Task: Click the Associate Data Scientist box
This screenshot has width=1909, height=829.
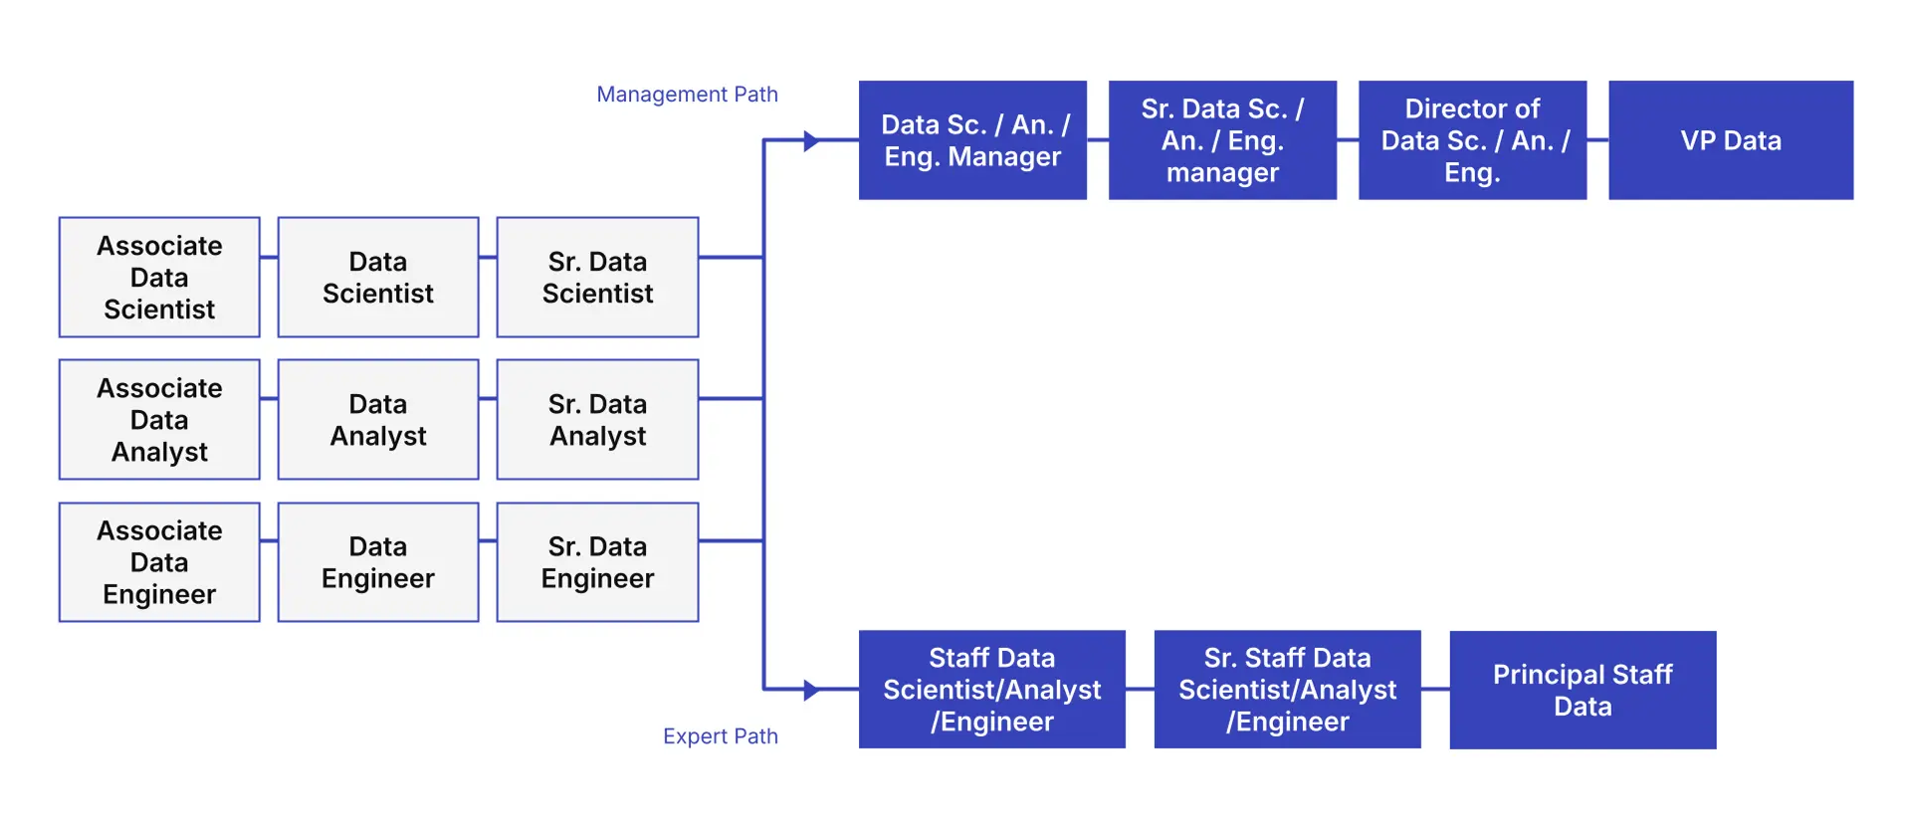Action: [x=159, y=277]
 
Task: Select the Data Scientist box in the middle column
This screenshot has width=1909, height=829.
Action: [x=378, y=277]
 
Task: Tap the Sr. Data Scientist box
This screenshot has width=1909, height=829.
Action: [x=597, y=277]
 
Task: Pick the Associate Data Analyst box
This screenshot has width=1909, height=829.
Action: [x=159, y=419]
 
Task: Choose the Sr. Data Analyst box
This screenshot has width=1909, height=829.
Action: [x=597, y=419]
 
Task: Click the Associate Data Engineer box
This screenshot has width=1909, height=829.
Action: [x=159, y=562]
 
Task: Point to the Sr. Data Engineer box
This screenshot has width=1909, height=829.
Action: [x=597, y=562]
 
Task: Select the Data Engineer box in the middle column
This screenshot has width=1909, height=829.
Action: [x=378, y=562]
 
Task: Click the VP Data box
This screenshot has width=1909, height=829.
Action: [x=1731, y=140]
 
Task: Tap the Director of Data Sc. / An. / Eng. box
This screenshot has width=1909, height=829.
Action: [x=1472, y=140]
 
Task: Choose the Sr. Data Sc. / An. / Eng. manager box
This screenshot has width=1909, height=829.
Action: [x=1222, y=140]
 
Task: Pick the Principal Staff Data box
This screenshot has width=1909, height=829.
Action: [x=1583, y=690]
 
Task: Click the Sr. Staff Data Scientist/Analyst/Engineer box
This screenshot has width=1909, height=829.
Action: [x=1287, y=690]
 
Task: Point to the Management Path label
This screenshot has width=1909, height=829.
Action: [x=687, y=95]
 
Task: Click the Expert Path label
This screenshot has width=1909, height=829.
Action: [x=721, y=736]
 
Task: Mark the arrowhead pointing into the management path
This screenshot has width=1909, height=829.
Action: [x=811, y=141]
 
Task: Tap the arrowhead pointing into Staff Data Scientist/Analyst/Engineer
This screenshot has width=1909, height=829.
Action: [x=811, y=690]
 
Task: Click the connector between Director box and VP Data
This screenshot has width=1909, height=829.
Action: [x=1597, y=140]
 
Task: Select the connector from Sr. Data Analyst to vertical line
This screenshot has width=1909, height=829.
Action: [x=731, y=398]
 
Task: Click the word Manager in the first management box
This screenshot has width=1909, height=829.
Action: [x=1004, y=157]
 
